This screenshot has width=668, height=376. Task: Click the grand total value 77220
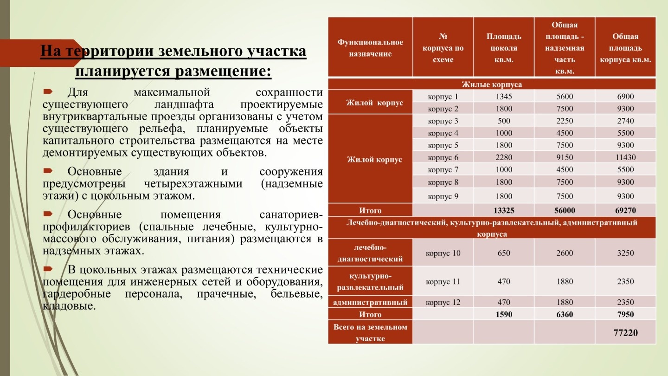coord(625,333)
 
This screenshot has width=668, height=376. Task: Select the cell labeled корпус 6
coord(443,157)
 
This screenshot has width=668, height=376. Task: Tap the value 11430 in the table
coord(625,157)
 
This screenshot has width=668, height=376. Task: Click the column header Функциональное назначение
coord(370,48)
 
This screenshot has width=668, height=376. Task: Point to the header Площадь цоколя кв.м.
coord(504,48)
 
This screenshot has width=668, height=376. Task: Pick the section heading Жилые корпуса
coord(492,84)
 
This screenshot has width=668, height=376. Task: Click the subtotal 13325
coord(504,210)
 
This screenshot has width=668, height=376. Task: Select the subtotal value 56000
coord(565,210)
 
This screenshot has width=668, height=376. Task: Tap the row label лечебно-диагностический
coord(370,253)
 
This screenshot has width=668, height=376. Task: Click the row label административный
coord(370,303)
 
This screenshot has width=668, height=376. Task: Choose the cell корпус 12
coord(443,303)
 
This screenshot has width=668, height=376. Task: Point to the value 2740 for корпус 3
coord(625,121)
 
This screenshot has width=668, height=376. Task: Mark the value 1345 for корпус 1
coord(504,97)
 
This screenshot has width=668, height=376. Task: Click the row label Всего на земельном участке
coord(370,333)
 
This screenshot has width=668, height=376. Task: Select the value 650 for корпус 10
coord(504,253)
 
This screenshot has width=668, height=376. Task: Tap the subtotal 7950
coord(625,314)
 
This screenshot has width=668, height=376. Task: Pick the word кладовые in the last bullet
coord(68,306)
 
